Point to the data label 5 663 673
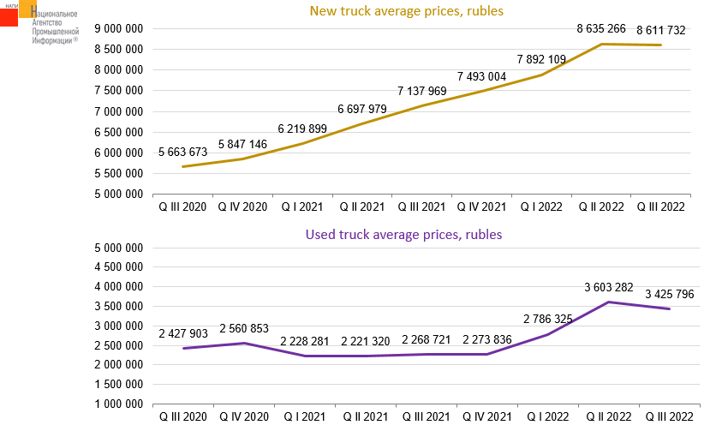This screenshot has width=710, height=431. (182, 153)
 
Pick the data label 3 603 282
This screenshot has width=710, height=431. (607, 286)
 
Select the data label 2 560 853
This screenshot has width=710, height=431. (249, 328)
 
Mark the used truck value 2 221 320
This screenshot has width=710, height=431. (365, 341)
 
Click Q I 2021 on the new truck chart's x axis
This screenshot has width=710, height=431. (304, 207)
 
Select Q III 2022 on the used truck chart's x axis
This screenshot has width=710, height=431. (661, 416)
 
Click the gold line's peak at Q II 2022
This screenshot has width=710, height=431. (602, 44)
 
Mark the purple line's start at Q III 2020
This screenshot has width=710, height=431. (182, 348)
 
